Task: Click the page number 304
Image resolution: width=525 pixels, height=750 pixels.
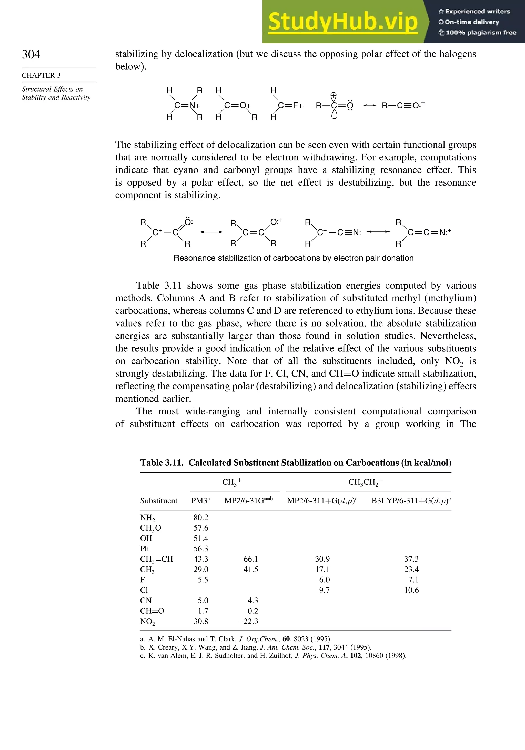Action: coord(31,54)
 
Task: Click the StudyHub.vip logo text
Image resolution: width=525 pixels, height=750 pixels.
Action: coord(343,22)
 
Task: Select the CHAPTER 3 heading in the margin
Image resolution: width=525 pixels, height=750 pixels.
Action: coord(41,75)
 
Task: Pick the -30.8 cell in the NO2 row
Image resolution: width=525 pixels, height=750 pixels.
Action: coord(198,621)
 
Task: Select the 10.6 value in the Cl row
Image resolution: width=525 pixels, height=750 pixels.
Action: coord(411,590)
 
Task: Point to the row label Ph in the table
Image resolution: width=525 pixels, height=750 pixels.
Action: coord(144,549)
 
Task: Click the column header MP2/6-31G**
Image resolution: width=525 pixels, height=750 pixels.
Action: coord(248,500)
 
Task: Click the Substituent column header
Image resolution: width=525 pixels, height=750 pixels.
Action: coord(158,501)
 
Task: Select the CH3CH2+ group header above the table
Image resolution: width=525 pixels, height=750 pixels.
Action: coord(366,482)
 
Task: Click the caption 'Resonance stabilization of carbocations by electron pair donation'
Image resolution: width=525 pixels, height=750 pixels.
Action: coord(293,258)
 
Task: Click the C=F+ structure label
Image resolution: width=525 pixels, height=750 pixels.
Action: coord(290,106)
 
